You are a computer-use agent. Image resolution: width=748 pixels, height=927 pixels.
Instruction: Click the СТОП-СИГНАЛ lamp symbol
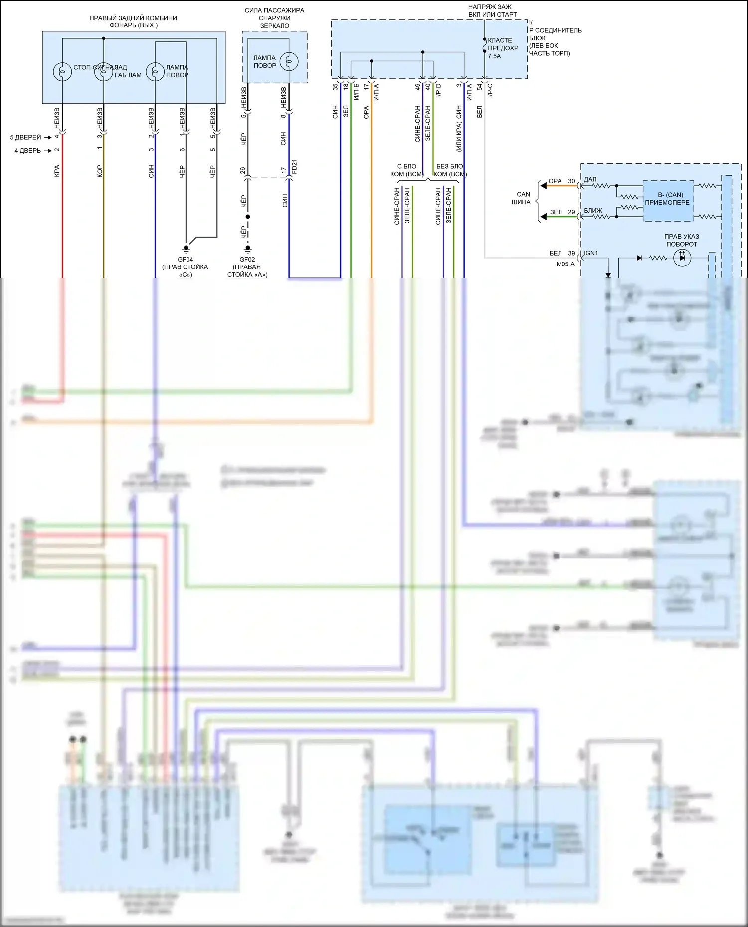coord(62,71)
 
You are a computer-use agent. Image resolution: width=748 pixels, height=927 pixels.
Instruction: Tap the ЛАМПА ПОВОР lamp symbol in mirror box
coord(289,62)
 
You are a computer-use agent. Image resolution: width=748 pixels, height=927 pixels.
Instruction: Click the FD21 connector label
coord(294,167)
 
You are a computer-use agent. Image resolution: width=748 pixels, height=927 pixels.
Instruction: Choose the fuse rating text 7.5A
coord(494,56)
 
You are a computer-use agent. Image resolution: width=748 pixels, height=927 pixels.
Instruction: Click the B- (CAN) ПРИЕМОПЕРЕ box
coord(667,199)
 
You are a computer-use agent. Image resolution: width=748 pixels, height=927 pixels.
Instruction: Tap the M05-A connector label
coord(565,265)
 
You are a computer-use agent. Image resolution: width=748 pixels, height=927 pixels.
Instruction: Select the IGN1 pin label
coord(591,253)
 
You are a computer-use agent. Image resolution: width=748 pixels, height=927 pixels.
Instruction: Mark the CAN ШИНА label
coord(523,198)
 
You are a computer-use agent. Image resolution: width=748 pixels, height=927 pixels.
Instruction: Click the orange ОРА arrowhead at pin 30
coord(544,186)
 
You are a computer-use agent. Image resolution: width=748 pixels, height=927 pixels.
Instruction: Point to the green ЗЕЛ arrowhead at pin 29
coord(544,217)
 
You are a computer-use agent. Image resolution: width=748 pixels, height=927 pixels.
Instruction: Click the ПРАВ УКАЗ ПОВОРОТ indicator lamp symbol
coord(682,258)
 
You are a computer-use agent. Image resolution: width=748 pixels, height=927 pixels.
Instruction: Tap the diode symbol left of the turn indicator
coord(639,258)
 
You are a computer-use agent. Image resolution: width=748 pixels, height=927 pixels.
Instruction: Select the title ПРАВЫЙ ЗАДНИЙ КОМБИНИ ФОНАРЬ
coord(133,21)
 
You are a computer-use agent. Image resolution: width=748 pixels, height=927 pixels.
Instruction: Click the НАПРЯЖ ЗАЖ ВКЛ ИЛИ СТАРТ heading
coord(492,11)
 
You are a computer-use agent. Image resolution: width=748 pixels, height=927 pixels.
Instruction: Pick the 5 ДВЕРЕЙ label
coord(25,137)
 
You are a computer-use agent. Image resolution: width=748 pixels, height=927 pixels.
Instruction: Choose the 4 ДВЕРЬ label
coord(27,150)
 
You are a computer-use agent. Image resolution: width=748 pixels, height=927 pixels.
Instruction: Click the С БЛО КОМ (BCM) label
coord(407,170)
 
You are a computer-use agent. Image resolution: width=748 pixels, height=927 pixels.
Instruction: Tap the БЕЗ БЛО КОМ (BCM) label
coord(450,170)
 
